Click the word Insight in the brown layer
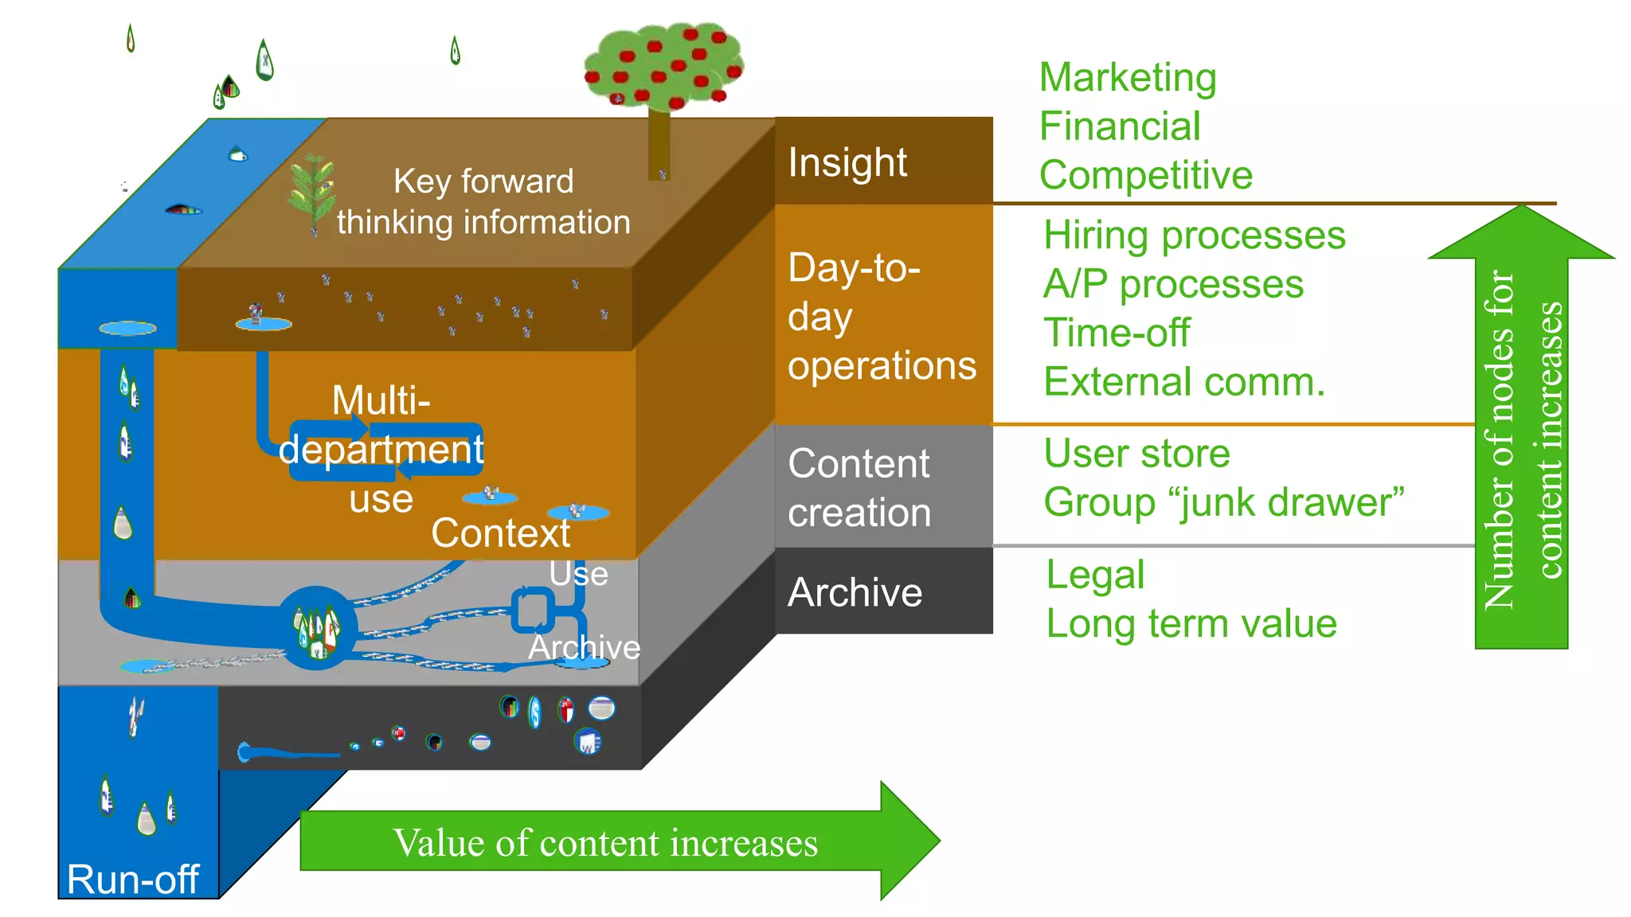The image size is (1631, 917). tap(847, 163)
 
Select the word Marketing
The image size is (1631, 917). tap(1127, 78)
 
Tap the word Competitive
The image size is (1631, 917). tap(1145, 175)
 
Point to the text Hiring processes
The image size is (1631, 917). tap(1194, 236)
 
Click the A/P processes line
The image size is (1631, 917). tap(1173, 284)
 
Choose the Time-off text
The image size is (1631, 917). tap(1117, 333)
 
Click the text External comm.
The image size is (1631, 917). tap(1184, 382)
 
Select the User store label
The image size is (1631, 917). tap(1136, 454)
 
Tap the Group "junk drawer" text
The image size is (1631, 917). tap(1223, 502)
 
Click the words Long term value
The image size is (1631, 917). tap(1191, 623)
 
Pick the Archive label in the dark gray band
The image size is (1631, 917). tap(855, 592)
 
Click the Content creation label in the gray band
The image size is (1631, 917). tap(859, 487)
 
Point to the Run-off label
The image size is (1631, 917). tap(132, 879)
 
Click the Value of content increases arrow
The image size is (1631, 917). tap(605, 842)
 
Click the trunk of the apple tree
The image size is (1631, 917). tap(658, 143)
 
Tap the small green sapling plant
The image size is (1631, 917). tap(311, 191)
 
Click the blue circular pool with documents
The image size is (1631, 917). tap(316, 628)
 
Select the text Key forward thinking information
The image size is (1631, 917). tap(483, 201)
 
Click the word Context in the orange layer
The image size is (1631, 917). tap(500, 533)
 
